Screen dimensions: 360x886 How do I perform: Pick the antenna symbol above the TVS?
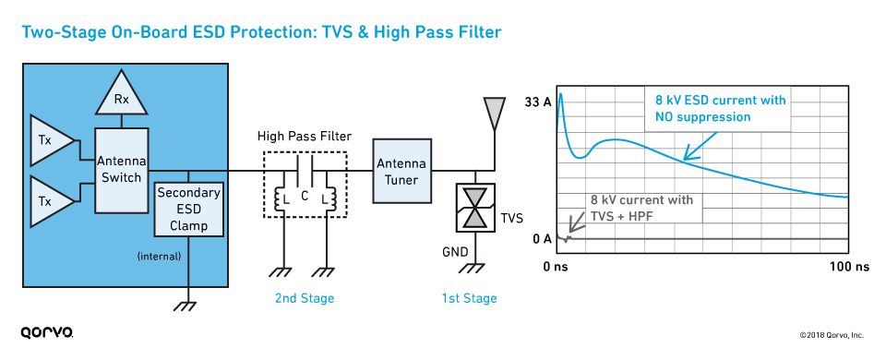[496, 113]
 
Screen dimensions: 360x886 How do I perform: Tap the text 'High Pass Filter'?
[305, 136]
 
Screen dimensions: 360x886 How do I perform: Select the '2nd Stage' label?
[305, 298]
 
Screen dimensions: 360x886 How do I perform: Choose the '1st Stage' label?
[468, 298]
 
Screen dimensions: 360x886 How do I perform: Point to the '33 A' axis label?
[537, 102]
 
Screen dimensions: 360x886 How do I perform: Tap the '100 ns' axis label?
[849, 267]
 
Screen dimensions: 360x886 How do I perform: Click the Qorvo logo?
[47, 331]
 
